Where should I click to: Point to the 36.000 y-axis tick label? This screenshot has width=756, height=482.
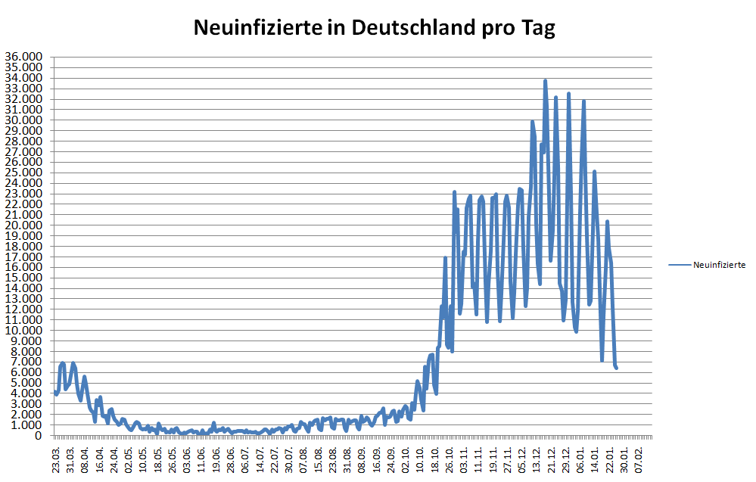click(23, 57)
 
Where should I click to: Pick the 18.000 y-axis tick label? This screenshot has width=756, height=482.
click(23, 247)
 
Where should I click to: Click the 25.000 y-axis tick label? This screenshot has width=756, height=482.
click(23, 173)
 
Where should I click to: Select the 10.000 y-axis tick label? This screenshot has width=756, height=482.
click(23, 331)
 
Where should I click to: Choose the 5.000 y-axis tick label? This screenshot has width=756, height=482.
click(26, 383)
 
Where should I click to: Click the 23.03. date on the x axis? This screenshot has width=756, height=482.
click(57, 459)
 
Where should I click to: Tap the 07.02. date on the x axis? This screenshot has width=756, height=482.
click(640, 459)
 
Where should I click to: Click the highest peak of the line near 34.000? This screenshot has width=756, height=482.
click(545, 80)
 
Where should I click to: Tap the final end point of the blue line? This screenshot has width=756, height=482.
click(617, 368)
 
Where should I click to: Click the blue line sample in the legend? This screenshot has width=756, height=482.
click(680, 265)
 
